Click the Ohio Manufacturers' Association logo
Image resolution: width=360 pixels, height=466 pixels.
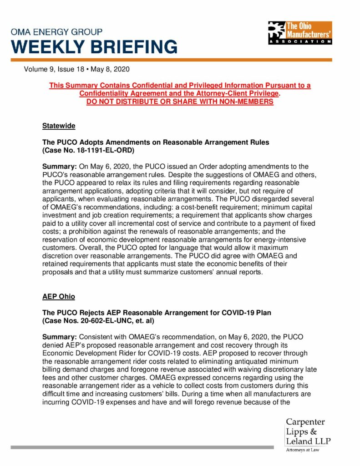point(299,32)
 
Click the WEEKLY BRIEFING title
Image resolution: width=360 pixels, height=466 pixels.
point(94,47)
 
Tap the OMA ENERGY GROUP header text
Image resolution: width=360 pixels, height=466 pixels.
point(57,32)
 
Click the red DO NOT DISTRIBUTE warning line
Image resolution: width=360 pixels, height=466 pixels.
point(180,101)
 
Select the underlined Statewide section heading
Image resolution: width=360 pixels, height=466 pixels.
point(59,125)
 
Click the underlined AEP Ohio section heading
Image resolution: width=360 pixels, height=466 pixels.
point(59,296)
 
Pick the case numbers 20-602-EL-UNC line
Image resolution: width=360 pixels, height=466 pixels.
point(98,321)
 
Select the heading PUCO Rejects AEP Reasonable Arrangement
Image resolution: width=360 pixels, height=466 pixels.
point(157,313)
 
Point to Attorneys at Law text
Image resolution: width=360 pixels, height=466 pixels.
point(302,450)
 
